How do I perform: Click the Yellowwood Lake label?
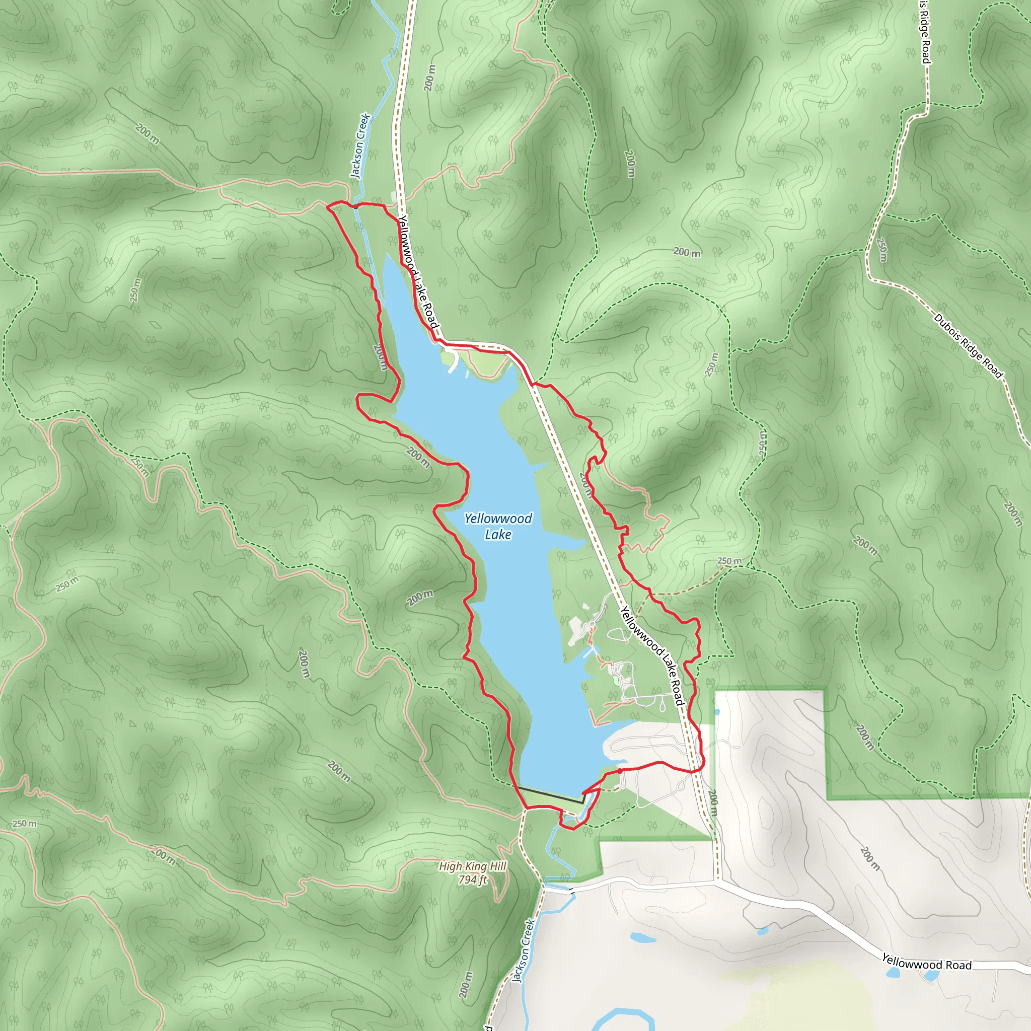(497, 526)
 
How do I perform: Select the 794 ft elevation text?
(472, 879)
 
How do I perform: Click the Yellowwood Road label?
(926, 961)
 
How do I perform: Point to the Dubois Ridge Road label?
(968, 346)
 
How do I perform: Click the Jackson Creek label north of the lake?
(360, 145)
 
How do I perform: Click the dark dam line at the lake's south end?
(550, 794)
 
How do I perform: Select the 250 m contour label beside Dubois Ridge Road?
(881, 250)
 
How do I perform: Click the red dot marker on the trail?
(620, 771)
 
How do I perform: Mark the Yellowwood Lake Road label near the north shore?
(419, 272)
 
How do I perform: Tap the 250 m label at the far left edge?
(25, 824)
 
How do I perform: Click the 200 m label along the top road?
(430, 78)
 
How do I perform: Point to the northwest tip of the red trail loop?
(328, 205)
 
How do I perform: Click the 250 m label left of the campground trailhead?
(729, 561)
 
